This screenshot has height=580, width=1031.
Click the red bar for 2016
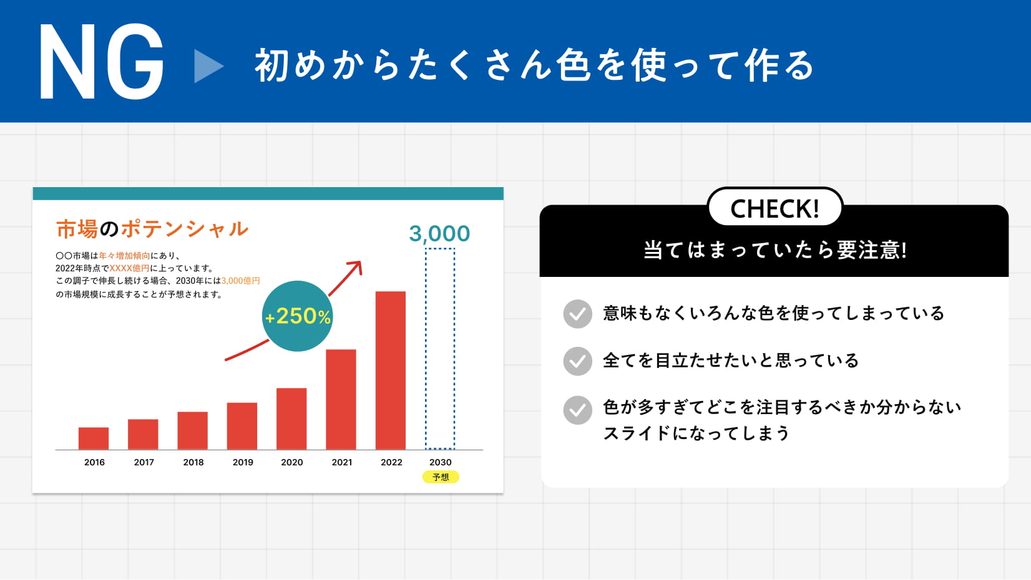pos(94,438)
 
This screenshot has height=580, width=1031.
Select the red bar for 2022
pos(391,370)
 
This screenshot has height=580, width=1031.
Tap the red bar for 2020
pos(291,418)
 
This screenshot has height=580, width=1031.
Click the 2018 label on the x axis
pos(193,462)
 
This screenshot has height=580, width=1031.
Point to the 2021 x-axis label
pos(342,462)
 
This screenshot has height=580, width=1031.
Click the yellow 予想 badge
pos(441,477)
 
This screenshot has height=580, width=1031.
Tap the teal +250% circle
pos(298,316)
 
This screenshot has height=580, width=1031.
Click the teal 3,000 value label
pos(439,234)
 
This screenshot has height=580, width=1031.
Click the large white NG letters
pos(101,62)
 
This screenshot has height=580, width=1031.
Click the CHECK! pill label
pos(775,208)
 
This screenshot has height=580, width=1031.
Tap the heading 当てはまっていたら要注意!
pos(775,250)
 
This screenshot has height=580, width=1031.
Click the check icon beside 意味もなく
pos(577,314)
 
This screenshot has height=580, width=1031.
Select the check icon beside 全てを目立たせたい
pos(577,361)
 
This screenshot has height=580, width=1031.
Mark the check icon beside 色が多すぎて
pos(577,410)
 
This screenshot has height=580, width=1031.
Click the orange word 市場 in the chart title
pos(77,229)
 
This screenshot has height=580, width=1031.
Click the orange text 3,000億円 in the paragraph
pos(240,281)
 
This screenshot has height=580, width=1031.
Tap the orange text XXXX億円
pos(129,268)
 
